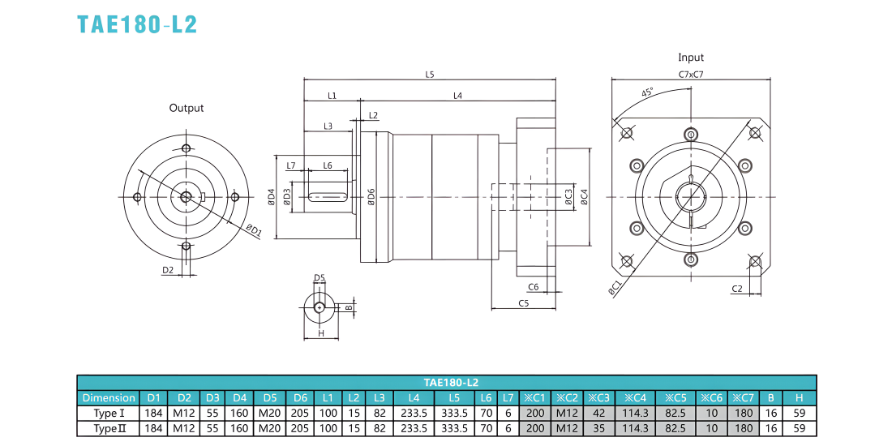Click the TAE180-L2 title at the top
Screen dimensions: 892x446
pos(137,24)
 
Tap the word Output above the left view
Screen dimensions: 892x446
pos(186,108)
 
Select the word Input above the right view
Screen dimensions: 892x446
pos(691,58)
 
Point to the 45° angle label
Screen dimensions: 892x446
pos(647,92)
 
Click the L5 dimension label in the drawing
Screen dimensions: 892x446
pos(430,74)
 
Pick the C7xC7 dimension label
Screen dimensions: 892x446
pos(691,74)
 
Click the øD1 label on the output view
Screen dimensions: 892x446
pos(254,229)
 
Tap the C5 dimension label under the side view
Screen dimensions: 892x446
pos(524,303)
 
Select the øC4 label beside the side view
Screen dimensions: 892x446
pos(583,197)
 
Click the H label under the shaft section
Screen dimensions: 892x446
pos(321,334)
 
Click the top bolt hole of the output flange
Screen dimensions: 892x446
pos(186,148)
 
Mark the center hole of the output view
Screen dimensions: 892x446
pos(186,197)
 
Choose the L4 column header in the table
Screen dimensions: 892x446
pos(414,397)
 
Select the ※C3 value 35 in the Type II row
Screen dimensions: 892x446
pos(599,428)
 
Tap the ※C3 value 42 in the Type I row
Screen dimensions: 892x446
pos(599,413)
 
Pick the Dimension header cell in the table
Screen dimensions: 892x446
pos(109,397)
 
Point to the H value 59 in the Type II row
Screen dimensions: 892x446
pos(800,428)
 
